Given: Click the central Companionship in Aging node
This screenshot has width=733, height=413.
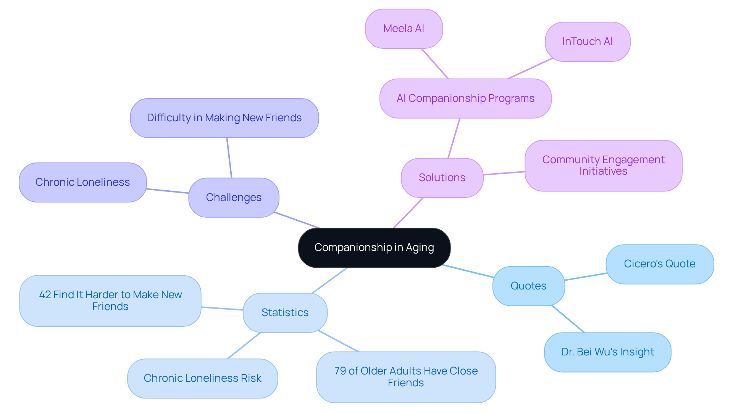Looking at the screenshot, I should [374, 247].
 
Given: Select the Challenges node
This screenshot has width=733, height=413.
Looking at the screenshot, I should [234, 198].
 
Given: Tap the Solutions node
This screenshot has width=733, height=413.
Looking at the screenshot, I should [442, 178].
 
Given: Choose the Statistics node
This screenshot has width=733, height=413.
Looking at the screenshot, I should [285, 313].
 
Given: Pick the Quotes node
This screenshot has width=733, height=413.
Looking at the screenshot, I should [528, 286].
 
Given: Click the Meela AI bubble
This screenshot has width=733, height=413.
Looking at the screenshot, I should [404, 29].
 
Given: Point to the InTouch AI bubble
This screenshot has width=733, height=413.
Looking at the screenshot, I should [587, 42].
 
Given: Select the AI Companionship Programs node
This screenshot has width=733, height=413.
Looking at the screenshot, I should [465, 98].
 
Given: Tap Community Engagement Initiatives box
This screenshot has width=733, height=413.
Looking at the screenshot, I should [603, 166].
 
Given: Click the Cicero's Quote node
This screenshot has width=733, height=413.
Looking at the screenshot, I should [659, 264].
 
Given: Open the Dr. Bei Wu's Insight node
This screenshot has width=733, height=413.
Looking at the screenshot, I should [607, 352].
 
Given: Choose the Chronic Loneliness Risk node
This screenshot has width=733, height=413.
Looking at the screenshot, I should [202, 378].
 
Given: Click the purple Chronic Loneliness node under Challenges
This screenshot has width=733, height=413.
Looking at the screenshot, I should [82, 182].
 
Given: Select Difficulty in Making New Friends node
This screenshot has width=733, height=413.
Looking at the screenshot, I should [224, 118].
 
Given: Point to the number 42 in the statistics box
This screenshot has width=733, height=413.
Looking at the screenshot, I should [45, 295].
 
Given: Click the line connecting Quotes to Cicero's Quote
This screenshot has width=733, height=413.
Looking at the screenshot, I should [585, 277].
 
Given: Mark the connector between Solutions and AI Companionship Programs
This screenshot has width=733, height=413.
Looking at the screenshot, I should [454, 138].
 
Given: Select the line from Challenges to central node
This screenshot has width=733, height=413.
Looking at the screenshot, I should [297, 220].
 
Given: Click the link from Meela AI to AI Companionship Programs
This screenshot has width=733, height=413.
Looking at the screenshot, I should [434, 63].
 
